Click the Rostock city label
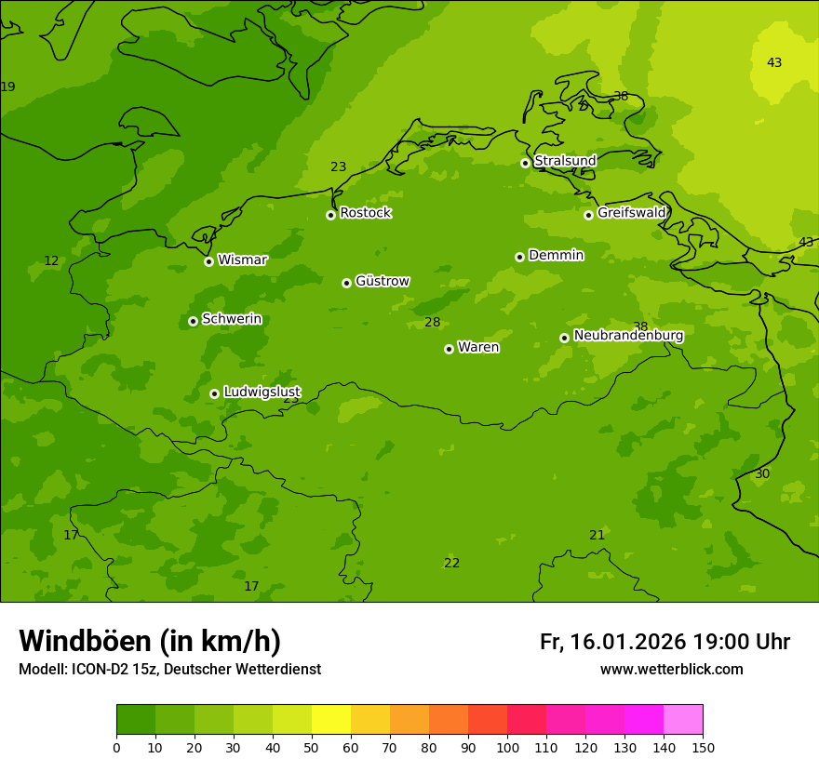[x=365, y=213]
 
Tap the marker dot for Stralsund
[x=525, y=163]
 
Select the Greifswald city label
[x=631, y=213]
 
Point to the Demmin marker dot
[x=519, y=257]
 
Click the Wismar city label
[x=242, y=260]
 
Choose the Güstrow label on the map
[x=382, y=281]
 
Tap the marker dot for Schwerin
[x=193, y=321]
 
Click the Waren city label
[x=478, y=347]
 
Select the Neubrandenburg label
[x=628, y=336]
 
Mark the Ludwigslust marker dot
[x=214, y=393]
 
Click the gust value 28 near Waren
[x=432, y=323]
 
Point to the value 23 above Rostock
[x=338, y=167]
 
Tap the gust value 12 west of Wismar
[x=51, y=261]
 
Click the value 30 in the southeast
[x=762, y=474]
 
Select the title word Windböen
[x=85, y=641]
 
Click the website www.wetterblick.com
[x=671, y=670]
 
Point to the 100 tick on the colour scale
[x=507, y=747]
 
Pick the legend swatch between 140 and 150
[x=683, y=720]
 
